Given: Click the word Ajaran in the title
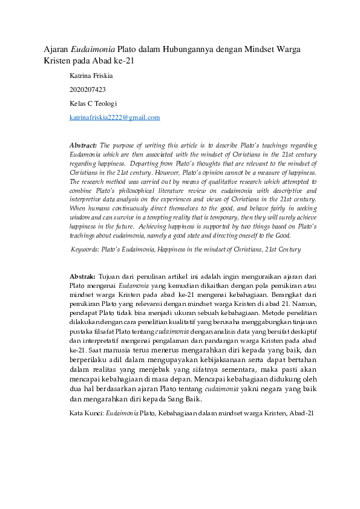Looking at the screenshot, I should [57, 48].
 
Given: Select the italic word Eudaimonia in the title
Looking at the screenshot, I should [94, 48].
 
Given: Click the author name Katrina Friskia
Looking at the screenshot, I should [91, 76].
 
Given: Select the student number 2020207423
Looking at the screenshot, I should [88, 89].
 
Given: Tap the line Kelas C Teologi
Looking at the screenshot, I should [93, 103].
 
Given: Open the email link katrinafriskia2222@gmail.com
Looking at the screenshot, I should [114, 117].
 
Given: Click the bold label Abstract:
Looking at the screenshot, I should [83, 146].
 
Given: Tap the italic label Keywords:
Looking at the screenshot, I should [85, 248].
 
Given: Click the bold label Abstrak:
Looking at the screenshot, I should [83, 276].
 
